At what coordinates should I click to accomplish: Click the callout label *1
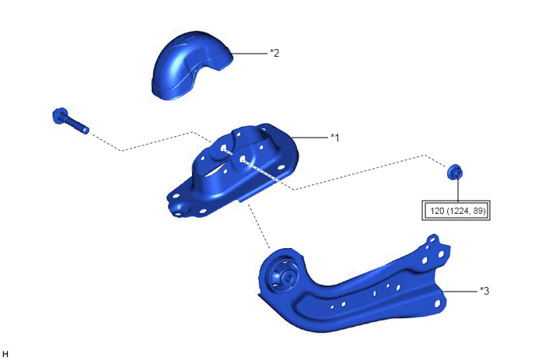[335, 138]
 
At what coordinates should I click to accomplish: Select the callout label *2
[274, 53]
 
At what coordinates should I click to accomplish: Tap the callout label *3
[484, 291]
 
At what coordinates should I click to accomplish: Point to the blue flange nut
[455, 172]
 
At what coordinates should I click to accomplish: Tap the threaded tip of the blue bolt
[85, 130]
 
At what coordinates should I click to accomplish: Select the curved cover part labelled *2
[192, 65]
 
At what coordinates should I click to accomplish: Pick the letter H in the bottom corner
[5, 354]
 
